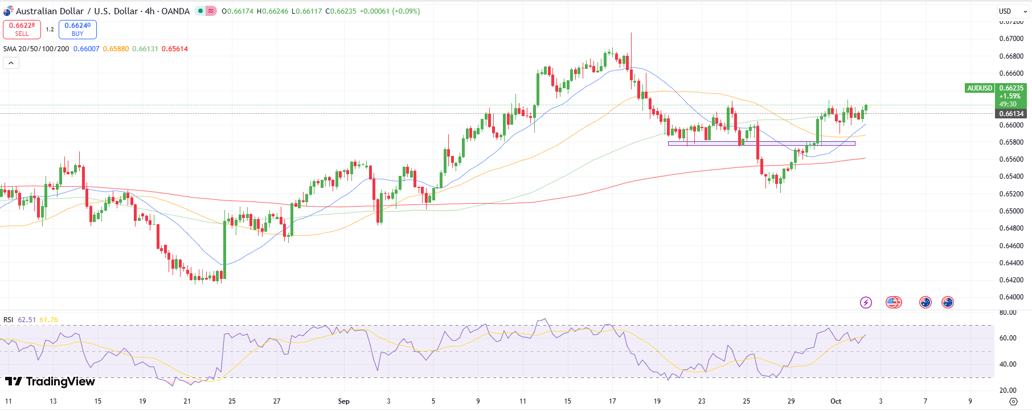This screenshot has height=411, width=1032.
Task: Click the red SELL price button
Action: [22, 29]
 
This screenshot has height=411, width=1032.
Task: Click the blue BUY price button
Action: [77, 29]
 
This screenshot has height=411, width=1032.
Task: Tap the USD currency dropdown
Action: [1011, 11]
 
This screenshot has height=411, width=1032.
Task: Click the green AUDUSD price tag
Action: [980, 88]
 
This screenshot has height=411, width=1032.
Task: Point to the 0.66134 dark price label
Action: [1011, 114]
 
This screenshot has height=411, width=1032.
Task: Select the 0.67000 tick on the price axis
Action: [1011, 39]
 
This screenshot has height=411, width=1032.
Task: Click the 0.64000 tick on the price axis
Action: [1011, 297]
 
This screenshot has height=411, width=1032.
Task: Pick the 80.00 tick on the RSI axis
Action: [1008, 313]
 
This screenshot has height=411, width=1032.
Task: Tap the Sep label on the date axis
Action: [343, 401]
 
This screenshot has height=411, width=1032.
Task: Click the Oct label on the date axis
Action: [836, 401]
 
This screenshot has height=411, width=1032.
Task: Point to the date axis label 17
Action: [612, 401]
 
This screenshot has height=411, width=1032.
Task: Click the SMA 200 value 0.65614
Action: [175, 49]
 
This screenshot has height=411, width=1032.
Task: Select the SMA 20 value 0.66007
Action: [86, 49]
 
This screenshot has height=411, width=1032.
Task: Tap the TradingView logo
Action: [50, 381]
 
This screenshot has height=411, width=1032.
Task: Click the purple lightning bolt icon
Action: [866, 302]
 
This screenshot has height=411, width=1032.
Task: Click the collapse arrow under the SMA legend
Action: [11, 63]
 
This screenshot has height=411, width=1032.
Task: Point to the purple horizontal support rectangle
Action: [761, 143]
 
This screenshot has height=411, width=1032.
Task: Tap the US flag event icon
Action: [894, 302]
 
